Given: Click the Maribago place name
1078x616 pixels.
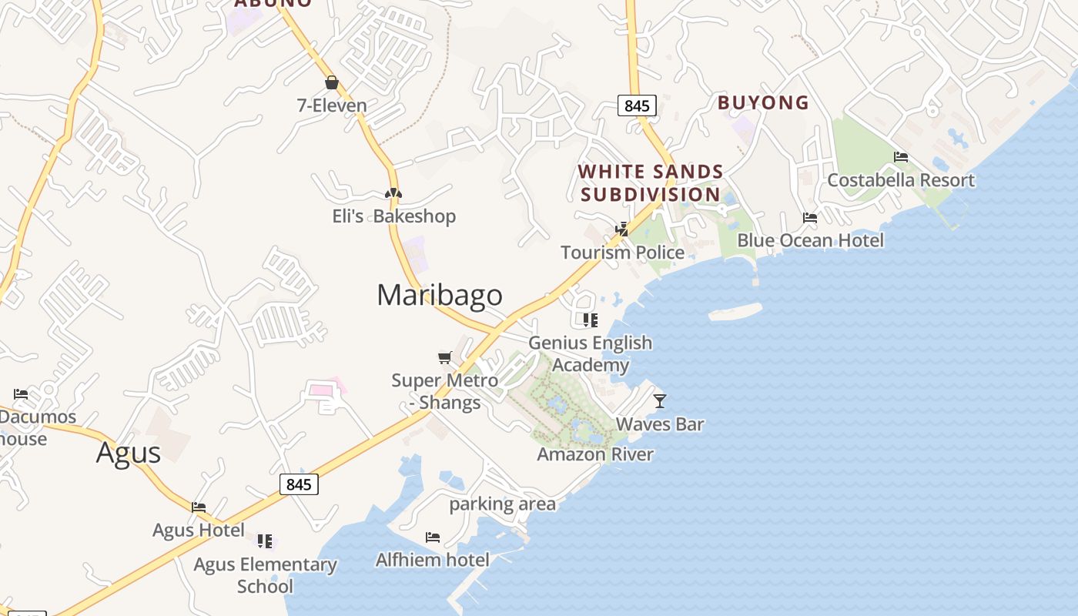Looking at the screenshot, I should (x=440, y=295).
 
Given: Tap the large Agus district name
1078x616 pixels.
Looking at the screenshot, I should (x=129, y=453).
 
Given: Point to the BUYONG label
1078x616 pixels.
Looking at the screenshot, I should (x=763, y=102).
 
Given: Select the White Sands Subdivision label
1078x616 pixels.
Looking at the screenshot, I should (x=651, y=183).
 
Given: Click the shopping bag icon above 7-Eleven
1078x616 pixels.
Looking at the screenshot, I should (x=332, y=82).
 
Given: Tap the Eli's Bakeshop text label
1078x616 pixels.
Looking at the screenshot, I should (x=394, y=216).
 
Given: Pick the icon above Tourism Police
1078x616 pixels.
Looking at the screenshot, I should (x=622, y=229).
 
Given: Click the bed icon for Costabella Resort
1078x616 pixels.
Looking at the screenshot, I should (x=901, y=157).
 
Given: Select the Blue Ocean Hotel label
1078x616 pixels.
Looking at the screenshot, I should (x=810, y=241).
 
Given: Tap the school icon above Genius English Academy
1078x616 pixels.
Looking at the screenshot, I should (x=591, y=320).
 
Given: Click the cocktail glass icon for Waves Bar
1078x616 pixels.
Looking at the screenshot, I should (x=659, y=400).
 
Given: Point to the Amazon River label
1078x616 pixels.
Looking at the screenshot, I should (x=595, y=454).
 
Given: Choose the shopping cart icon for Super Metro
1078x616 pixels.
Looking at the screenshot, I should (x=444, y=357).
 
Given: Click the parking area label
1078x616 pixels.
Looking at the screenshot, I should (x=502, y=504).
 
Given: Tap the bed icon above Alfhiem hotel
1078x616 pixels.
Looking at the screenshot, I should (x=433, y=537).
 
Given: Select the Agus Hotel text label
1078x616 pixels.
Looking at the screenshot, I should (x=199, y=531).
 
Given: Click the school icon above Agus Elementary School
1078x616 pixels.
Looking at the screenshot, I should (x=265, y=541).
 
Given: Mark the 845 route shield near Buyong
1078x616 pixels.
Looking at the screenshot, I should (x=637, y=106).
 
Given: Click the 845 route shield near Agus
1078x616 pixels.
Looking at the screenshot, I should (x=298, y=484).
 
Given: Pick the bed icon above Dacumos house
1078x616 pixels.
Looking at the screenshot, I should (x=21, y=394).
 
